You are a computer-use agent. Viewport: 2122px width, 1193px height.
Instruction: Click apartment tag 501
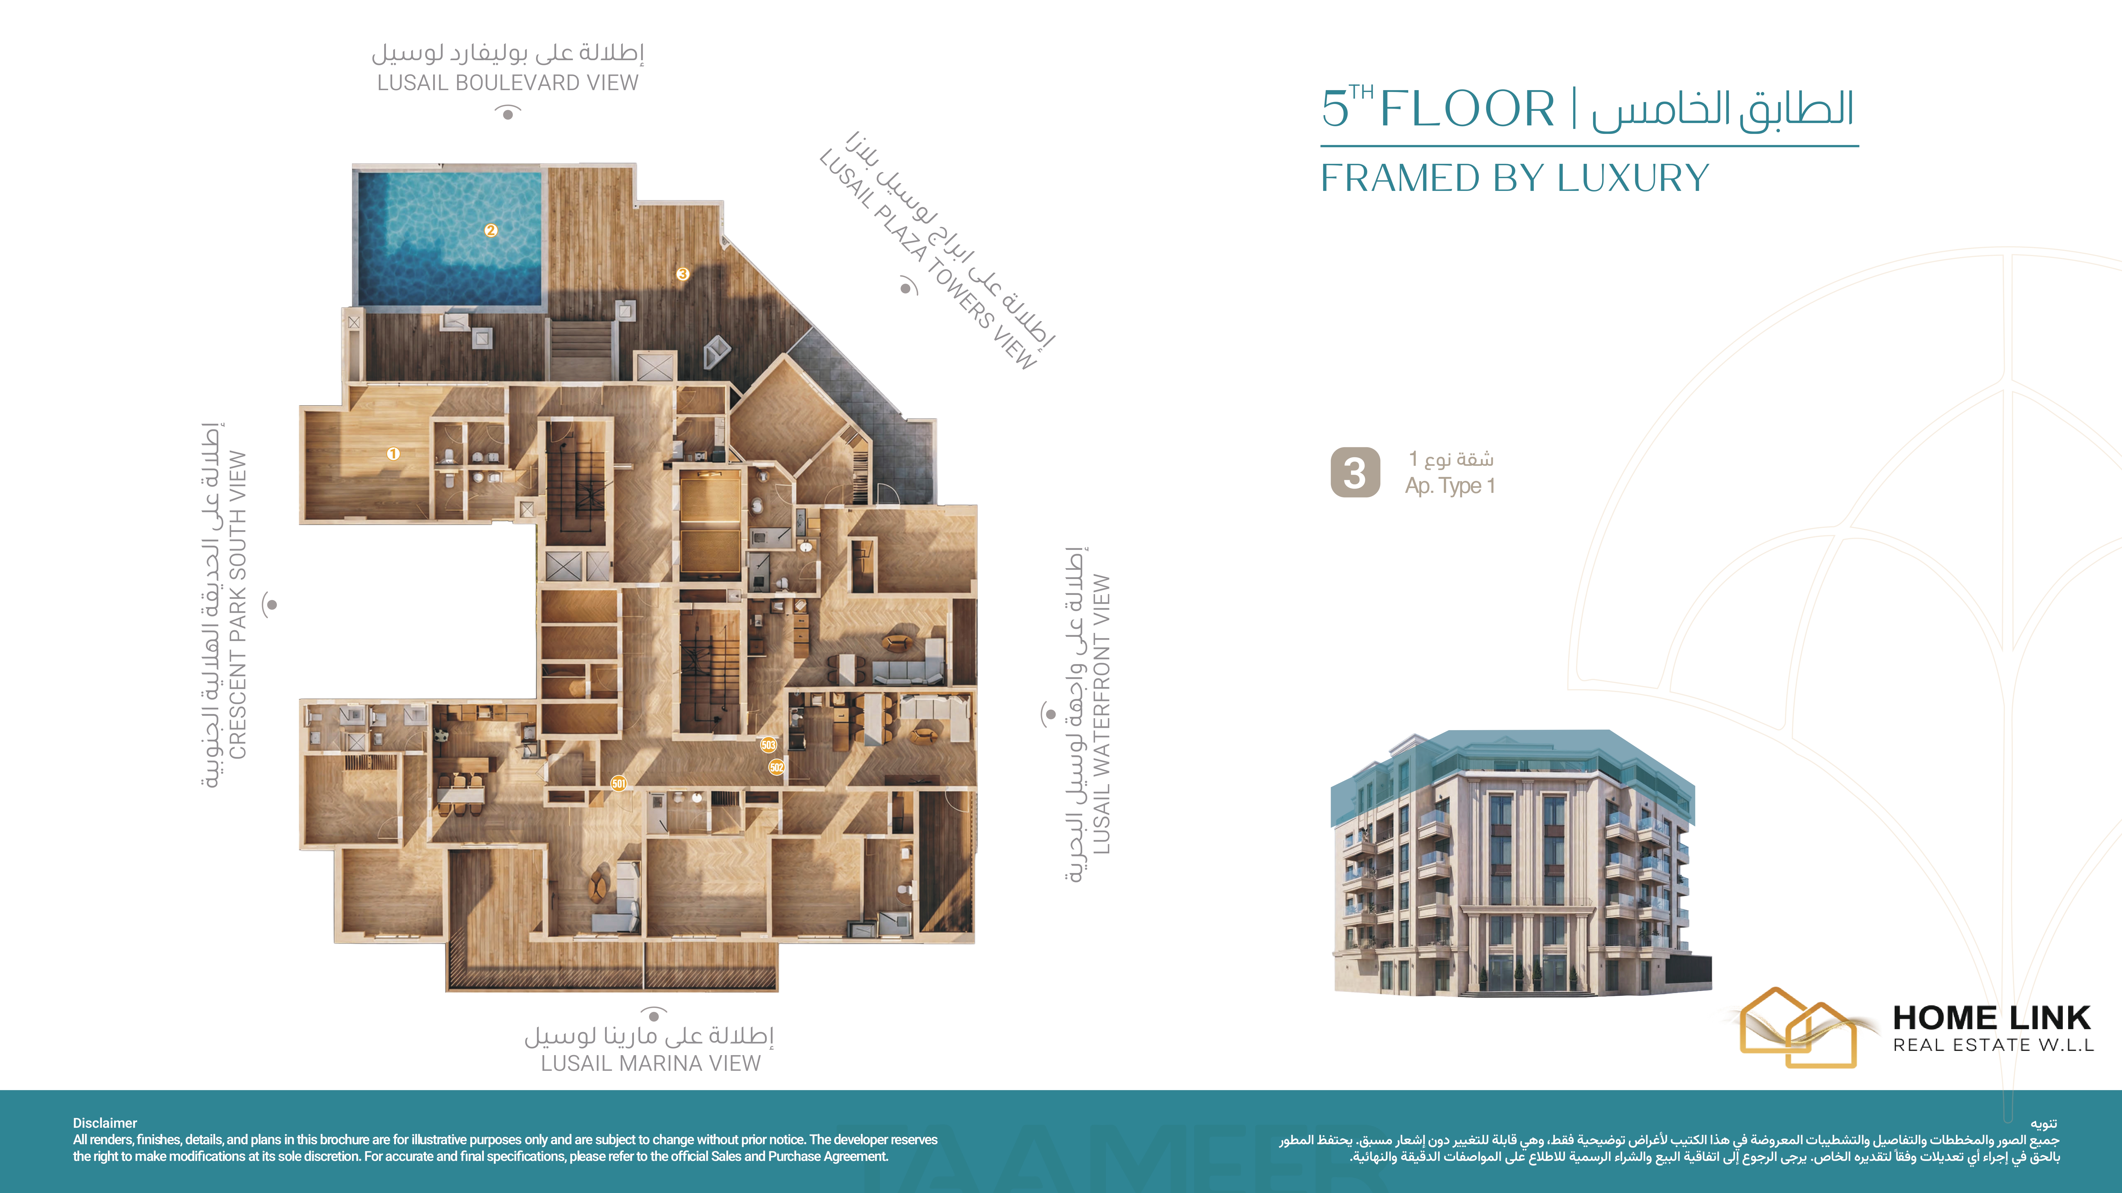click(619, 783)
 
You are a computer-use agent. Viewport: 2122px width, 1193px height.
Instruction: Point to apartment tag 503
click(769, 745)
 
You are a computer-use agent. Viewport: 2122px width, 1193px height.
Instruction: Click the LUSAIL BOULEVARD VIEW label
click(507, 83)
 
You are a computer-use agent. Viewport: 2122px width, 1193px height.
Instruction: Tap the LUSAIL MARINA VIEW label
click(651, 1064)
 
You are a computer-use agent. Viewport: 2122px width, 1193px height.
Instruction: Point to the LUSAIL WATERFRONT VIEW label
click(1101, 714)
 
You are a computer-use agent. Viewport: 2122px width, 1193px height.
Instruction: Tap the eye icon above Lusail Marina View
click(653, 1014)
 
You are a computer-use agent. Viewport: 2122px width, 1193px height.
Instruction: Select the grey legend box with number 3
click(1355, 473)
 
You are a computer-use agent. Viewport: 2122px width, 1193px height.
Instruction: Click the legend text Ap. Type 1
click(1450, 486)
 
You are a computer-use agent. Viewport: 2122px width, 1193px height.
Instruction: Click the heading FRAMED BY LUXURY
click(1515, 178)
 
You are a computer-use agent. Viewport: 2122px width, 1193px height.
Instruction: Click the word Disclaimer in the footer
click(105, 1123)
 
